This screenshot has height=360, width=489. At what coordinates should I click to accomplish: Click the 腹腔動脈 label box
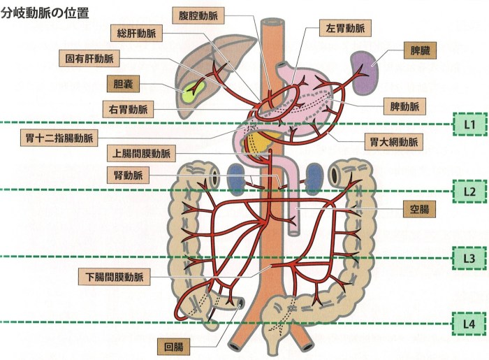198,15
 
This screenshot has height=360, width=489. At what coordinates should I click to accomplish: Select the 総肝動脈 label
136,33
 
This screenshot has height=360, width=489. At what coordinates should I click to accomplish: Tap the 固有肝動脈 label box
89,58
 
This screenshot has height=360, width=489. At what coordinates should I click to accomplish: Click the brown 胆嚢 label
123,84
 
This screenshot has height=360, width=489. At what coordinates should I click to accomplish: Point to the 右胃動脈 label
128,109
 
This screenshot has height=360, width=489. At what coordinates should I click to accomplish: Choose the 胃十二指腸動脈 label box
59,138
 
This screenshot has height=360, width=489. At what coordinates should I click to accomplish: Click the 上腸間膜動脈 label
141,154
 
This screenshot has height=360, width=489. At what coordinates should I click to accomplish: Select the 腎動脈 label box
128,175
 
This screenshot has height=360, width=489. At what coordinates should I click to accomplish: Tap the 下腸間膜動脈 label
114,277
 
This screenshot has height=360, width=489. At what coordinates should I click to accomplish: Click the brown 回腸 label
173,347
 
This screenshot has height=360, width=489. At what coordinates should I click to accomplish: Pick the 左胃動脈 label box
345,29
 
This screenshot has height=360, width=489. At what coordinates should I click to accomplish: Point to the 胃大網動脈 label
394,143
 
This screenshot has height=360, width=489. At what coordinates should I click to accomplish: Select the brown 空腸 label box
419,209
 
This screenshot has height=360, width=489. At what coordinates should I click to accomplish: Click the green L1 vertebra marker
469,124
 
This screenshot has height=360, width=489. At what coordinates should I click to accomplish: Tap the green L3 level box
469,259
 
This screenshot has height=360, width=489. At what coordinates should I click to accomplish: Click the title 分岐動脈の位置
45,13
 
